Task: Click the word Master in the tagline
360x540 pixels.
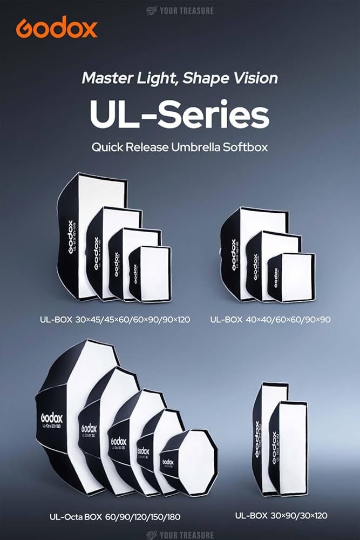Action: tap(103, 78)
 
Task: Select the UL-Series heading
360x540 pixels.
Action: tap(179, 114)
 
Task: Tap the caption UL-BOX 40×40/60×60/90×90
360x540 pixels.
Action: tap(270, 320)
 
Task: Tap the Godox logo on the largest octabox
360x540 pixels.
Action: tap(51, 418)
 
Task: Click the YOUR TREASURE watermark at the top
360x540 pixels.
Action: tap(180, 10)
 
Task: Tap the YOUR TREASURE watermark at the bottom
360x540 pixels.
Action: tap(180, 534)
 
